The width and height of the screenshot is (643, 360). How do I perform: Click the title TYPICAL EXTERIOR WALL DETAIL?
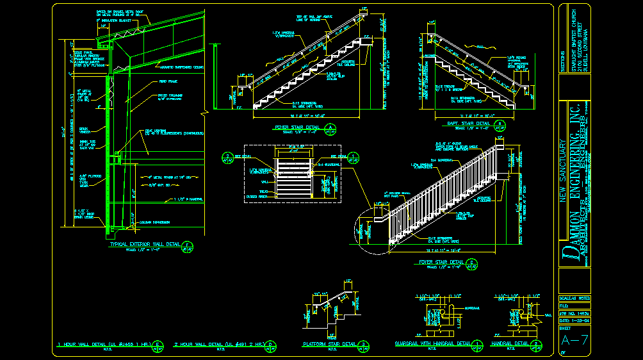[x=145, y=244]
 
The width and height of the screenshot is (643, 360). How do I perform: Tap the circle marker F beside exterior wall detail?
[x=188, y=246]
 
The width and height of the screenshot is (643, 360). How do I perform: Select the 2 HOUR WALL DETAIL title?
[x=218, y=344]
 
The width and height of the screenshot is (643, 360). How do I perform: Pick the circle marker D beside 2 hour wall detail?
[x=272, y=345]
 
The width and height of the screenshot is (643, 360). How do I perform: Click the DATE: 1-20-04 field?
[x=574, y=320]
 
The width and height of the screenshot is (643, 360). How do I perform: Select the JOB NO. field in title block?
[x=574, y=313]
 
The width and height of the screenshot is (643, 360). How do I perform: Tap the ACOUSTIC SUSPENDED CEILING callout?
[x=181, y=66]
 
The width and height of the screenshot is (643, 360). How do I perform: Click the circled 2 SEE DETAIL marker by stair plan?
[x=227, y=156]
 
